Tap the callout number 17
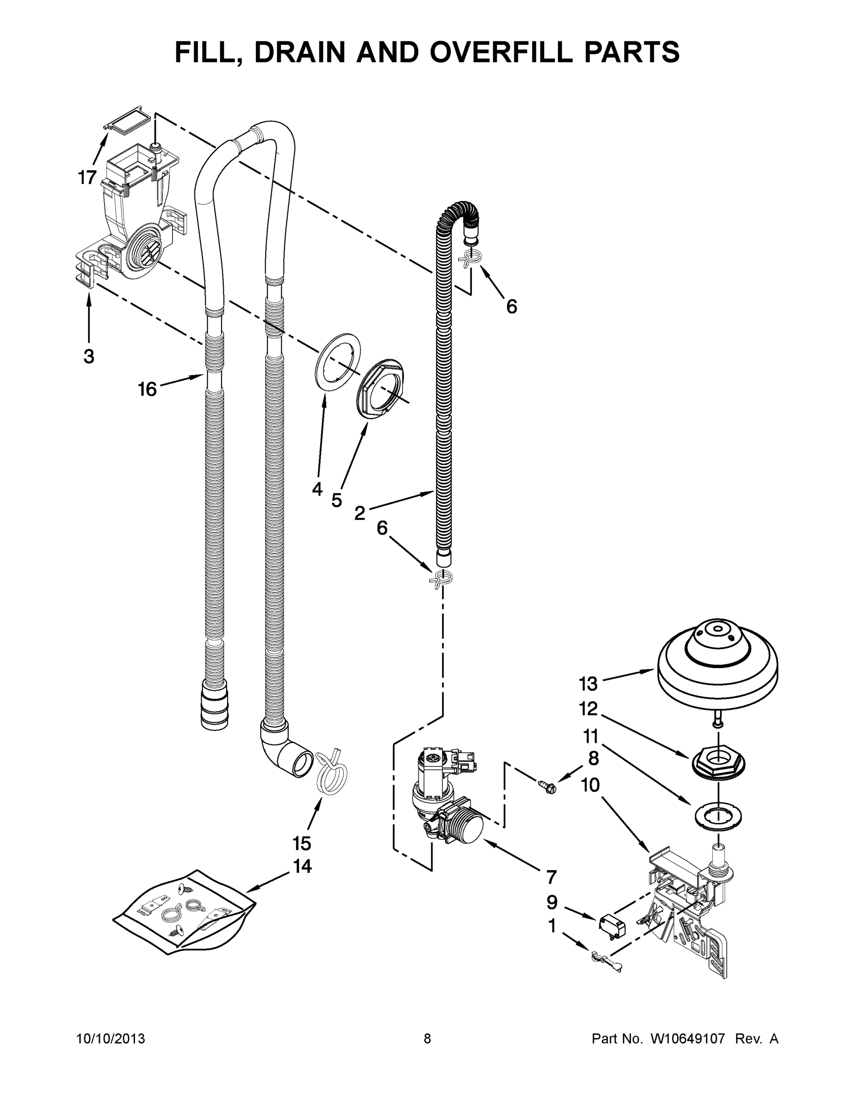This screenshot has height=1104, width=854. point(87,178)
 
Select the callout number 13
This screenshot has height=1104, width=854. point(588,684)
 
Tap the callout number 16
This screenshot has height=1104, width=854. point(147,389)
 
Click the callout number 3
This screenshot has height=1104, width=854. point(88,356)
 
